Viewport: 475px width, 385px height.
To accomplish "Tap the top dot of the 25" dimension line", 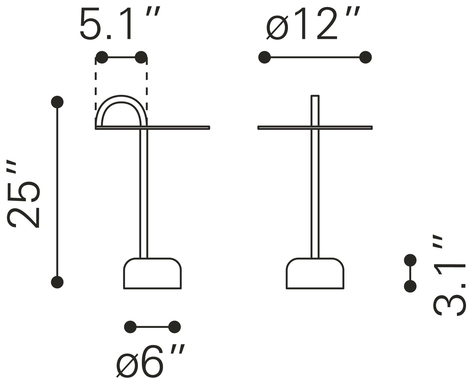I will click(57, 102).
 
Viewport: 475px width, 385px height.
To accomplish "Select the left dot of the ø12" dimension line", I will click(264, 57).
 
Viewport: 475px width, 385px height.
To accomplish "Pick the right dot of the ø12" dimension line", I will click(365, 57).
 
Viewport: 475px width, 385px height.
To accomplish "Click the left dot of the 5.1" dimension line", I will click(102, 57).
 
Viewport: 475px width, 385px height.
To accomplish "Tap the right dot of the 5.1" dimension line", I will click(141, 57).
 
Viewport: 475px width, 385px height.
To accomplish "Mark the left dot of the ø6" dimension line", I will click(130, 327).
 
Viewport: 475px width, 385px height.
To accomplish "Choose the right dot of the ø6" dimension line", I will click(174, 327).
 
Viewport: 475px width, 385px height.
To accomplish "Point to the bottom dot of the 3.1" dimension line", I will click(410, 286).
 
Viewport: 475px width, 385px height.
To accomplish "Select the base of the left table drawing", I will click(152, 274).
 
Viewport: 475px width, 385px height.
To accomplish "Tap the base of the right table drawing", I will click(315, 274).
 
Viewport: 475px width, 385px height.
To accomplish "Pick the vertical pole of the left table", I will click(143, 193).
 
